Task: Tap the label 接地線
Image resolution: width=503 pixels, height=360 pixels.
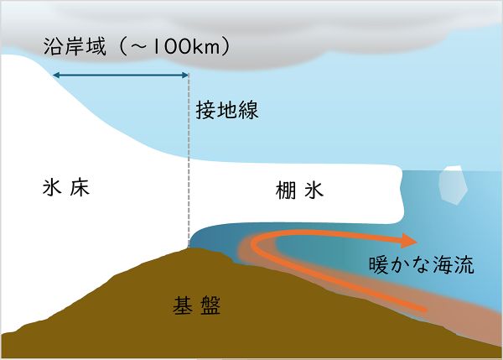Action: coord(226,109)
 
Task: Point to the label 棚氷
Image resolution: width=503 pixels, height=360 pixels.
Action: coord(298,190)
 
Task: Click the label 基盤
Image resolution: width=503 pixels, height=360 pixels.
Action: coord(194,304)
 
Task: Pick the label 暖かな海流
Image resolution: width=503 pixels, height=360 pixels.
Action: coord(422,267)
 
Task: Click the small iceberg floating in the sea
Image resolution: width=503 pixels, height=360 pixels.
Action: coord(454,185)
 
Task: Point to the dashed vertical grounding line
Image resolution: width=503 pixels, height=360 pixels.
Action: coord(189,168)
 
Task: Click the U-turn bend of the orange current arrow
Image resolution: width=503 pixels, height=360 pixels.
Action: coord(255,244)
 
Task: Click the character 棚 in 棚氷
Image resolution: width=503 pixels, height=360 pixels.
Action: coord(285,190)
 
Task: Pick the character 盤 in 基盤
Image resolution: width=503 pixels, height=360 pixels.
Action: coord(210,304)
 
